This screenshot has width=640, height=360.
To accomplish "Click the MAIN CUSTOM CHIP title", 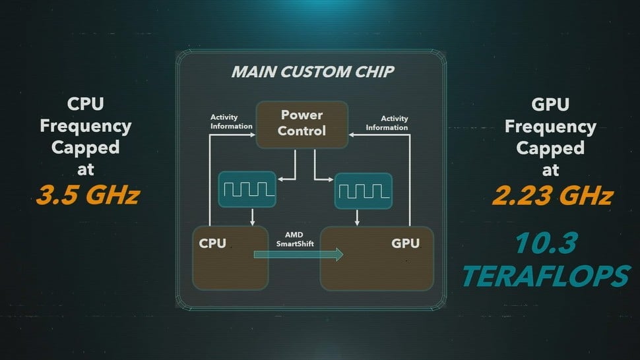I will [x=313, y=71].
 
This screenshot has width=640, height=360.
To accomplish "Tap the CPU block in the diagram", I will [x=231, y=258].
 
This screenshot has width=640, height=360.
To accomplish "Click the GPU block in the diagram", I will [x=376, y=258].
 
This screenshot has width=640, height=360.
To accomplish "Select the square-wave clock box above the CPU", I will [x=247, y=189].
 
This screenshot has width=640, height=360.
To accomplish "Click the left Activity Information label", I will [x=231, y=122].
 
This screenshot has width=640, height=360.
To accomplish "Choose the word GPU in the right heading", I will [x=550, y=104].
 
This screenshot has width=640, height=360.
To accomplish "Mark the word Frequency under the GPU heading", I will [x=550, y=125].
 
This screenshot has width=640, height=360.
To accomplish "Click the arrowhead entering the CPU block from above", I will [x=253, y=222].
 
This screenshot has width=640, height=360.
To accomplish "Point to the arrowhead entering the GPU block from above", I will [x=358, y=222].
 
